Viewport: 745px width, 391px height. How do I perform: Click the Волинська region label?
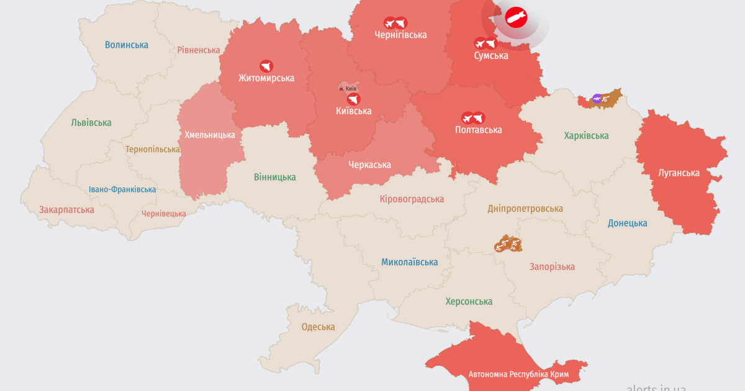(x=127, y=45)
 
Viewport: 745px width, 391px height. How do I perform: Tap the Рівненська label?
(x=199, y=50)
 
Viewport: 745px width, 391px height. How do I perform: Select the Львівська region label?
(x=91, y=122)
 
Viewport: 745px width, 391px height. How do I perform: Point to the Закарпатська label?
(x=66, y=210)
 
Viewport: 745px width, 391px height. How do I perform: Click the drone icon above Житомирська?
(x=266, y=66)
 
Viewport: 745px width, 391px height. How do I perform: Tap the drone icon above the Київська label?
(x=353, y=99)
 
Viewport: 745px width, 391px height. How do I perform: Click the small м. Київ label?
(x=348, y=89)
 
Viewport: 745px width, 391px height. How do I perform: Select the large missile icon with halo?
(x=515, y=18)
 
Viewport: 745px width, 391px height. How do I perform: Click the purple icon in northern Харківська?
(x=597, y=98)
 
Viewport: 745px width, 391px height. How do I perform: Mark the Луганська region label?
(x=679, y=173)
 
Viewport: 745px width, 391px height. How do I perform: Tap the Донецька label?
(x=627, y=223)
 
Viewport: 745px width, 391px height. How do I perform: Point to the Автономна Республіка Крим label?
(x=518, y=374)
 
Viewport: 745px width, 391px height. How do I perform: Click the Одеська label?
(x=318, y=327)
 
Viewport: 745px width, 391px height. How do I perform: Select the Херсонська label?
(x=469, y=302)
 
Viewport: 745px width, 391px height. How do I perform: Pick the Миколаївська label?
(x=409, y=262)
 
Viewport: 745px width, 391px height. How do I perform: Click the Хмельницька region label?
(x=210, y=135)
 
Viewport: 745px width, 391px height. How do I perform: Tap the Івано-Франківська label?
(x=122, y=189)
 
